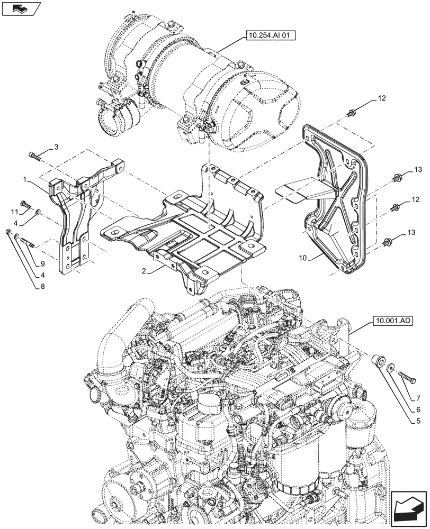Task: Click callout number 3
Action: [57, 146]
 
